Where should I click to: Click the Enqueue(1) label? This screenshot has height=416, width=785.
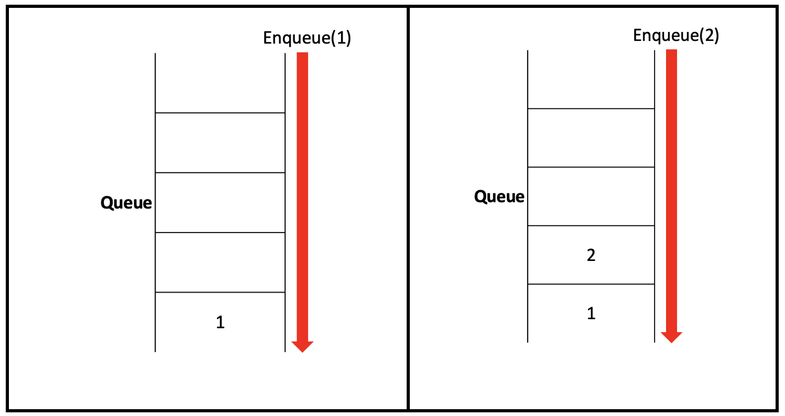coord(307,39)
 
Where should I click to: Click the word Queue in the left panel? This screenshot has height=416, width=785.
coord(126,203)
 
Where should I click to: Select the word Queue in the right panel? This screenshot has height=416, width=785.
coord(499,197)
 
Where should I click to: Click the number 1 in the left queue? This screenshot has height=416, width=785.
coord(221,323)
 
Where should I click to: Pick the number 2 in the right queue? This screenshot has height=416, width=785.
coord(591,256)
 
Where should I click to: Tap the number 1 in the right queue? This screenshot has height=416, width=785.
coord(591,314)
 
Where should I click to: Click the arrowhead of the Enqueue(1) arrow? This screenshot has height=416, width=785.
coord(302,346)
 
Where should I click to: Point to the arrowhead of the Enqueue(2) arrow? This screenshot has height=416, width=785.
coord(671,337)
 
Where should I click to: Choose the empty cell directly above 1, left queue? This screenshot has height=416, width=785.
coord(220,262)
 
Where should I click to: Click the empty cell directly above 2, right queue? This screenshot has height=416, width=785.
coord(591,196)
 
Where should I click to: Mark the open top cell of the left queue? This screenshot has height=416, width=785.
coord(220,83)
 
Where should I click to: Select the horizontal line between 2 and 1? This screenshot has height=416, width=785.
coord(591,284)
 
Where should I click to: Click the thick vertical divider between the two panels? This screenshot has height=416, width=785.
coord(408,210)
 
